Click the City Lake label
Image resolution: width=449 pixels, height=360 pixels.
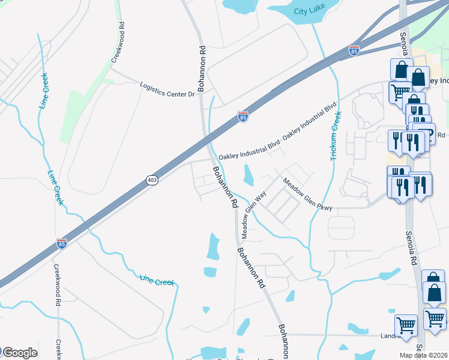(309, 11)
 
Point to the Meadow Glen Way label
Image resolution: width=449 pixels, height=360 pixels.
(253, 214)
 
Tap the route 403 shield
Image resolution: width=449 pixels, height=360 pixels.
(152, 180)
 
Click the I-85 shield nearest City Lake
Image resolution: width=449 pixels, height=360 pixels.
(354, 51)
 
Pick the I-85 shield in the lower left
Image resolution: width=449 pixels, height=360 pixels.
(61, 243)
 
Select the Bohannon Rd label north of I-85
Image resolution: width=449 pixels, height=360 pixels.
(202, 68)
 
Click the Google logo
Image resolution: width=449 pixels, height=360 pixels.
(19, 353)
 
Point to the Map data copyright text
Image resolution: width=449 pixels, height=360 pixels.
(424, 355)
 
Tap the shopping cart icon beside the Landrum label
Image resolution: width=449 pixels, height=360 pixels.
(406, 325)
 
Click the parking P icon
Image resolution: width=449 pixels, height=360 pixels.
(426, 133)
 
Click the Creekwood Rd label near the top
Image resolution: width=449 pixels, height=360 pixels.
(117, 43)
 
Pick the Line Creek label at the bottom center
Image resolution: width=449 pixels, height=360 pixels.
(156, 280)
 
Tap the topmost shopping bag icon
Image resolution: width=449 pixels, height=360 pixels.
(400, 69)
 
